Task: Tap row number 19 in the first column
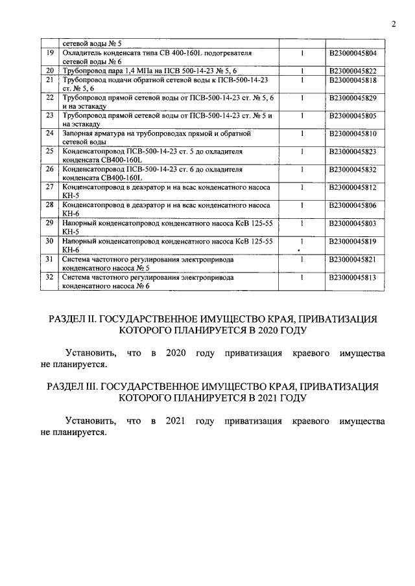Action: point(49,52)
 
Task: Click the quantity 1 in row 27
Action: point(302,187)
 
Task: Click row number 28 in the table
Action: point(49,205)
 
